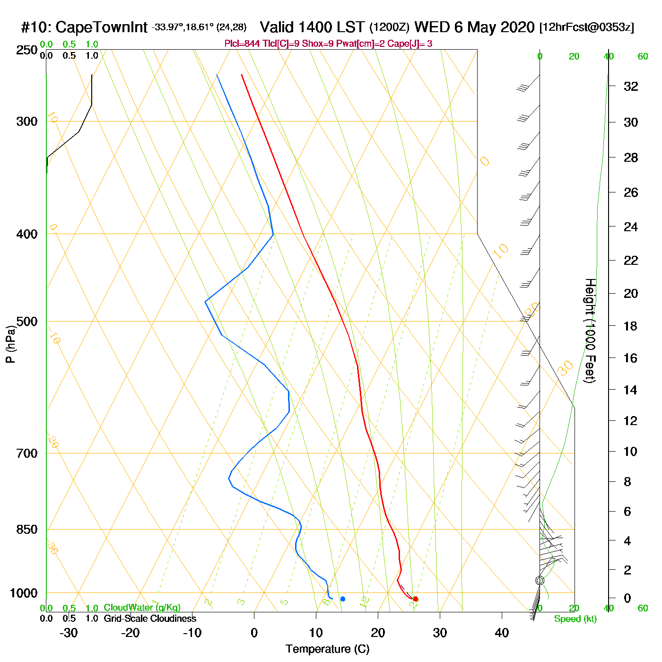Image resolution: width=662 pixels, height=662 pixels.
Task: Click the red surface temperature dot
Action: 415,599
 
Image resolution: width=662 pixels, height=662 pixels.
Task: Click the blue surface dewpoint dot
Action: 343,599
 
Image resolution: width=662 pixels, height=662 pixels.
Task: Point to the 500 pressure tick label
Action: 27,322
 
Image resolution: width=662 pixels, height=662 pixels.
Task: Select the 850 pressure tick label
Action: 27,530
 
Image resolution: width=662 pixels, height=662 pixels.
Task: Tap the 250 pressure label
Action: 27,50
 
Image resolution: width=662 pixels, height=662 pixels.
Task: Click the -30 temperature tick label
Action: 69,633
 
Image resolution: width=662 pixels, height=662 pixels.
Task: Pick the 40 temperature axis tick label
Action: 502,633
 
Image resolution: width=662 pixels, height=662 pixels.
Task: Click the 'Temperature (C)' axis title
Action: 327,649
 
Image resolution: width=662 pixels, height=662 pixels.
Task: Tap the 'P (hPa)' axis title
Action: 10,344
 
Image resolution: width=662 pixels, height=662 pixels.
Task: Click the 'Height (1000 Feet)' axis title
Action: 590,331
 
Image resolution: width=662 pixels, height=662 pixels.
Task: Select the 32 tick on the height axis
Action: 631,87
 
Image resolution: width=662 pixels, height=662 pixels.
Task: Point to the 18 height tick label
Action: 631,326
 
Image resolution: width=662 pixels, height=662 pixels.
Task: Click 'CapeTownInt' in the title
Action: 102,27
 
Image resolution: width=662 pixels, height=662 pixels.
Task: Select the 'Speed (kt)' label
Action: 575,619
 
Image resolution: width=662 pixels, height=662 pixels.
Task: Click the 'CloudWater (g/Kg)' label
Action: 142,608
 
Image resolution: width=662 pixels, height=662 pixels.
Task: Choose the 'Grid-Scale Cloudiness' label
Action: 150,618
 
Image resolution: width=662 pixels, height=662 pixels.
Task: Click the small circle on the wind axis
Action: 540,580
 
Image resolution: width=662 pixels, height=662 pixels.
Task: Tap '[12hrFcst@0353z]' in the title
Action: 587,27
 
